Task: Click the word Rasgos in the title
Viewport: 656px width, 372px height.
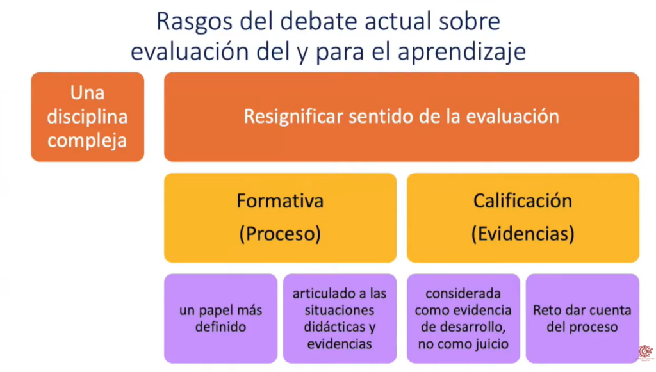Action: (194, 22)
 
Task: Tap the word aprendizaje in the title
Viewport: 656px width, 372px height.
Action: (461, 52)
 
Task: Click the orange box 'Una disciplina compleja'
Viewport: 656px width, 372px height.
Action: (87, 117)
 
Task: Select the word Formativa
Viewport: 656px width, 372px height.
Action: (280, 200)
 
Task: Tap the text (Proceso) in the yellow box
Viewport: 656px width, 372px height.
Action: (280, 233)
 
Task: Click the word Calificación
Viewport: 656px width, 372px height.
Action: (523, 200)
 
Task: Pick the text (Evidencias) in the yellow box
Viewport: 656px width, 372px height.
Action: (523, 233)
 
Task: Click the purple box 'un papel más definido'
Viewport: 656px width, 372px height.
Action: (220, 318)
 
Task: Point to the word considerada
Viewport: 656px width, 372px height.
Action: (463, 293)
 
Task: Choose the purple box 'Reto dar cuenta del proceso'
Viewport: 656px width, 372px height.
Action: (582, 318)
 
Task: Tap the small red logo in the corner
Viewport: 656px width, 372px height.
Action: (646, 352)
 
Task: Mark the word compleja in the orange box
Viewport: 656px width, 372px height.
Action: (87, 141)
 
